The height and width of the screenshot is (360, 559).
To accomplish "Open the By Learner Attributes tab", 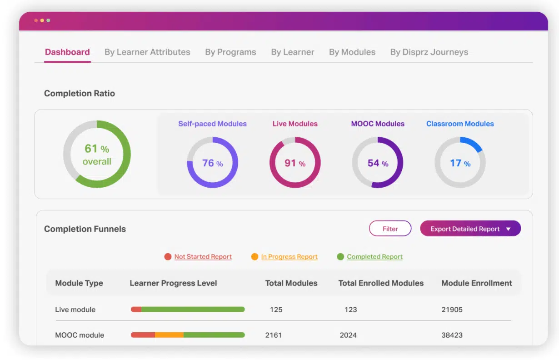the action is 147,52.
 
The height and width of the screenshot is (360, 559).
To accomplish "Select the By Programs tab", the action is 230,52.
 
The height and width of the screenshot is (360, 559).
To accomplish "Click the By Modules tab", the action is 352,52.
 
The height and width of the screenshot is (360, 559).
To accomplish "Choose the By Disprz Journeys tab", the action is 429,52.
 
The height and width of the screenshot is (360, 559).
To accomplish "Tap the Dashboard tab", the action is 67,52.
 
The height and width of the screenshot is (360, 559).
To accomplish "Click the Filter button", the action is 390,229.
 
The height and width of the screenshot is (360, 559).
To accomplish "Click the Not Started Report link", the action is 203,256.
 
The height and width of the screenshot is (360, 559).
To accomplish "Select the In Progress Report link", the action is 289,256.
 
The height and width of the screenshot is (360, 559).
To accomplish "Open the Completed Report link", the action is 374,256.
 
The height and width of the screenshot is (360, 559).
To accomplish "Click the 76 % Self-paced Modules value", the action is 212,163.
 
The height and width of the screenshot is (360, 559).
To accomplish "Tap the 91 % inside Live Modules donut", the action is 295,163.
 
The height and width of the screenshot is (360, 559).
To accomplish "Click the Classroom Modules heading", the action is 460,124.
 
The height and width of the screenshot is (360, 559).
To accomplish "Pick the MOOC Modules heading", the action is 378,124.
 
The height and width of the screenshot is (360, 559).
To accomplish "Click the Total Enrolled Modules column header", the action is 381,283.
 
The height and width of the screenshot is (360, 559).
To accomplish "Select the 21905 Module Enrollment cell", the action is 452,310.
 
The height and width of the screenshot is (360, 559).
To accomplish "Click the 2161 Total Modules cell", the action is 274,335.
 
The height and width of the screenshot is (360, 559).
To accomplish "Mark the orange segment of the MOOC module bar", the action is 169,335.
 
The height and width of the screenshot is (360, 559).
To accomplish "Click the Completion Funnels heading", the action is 85,229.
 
